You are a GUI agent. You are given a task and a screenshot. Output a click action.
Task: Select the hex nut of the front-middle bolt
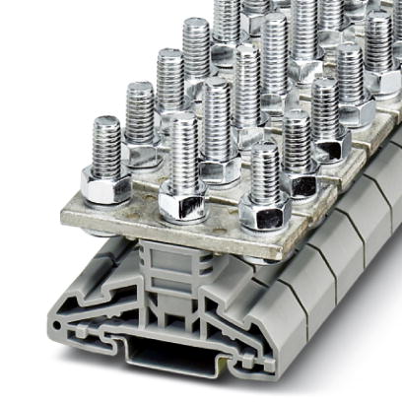point(182,201)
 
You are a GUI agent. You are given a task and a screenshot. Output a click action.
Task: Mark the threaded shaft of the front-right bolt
point(264,171)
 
